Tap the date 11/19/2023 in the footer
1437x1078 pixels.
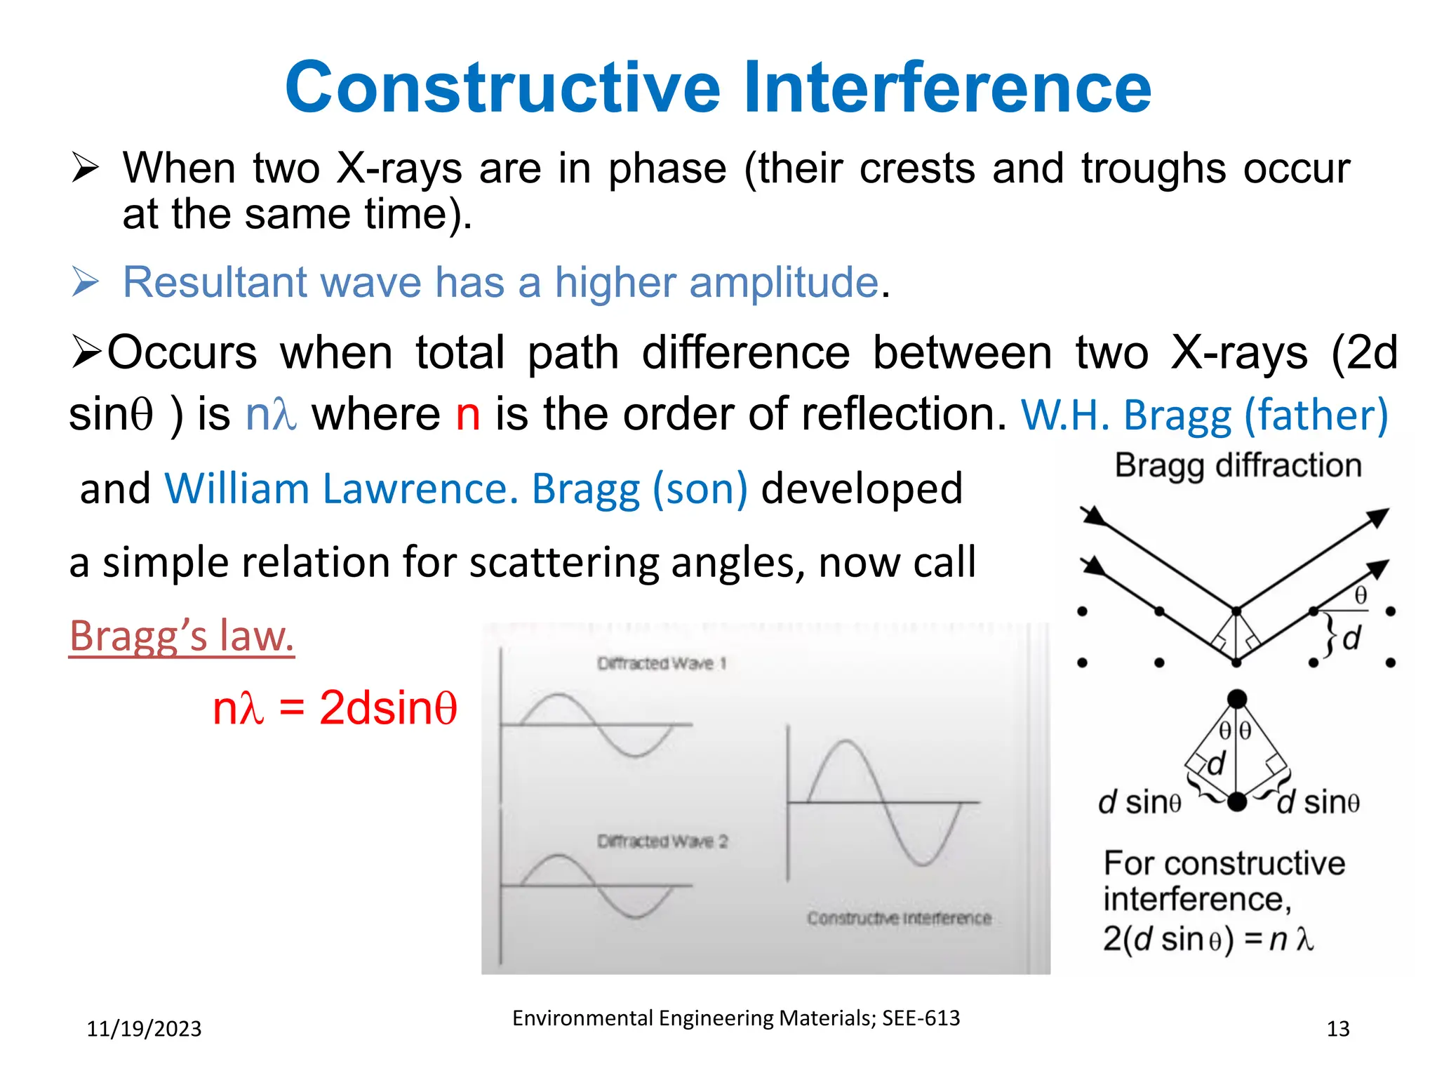coord(144,1028)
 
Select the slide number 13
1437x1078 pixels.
coord(1337,1028)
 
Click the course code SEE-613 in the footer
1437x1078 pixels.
coord(921,1018)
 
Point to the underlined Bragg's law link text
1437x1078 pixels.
coord(181,636)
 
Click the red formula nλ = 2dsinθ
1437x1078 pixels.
coord(335,707)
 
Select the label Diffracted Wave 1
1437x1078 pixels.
coord(661,663)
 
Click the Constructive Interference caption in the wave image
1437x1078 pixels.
coord(899,918)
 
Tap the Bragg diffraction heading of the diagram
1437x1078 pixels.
coord(1238,465)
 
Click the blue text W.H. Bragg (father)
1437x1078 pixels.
coord(1204,415)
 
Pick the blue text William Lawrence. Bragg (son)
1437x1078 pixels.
coord(456,488)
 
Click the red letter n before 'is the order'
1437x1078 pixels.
coord(467,414)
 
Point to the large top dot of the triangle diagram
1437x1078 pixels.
coord(1236,698)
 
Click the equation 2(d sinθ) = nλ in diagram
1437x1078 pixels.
coord(1207,939)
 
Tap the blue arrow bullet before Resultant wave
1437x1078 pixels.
coord(86,282)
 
